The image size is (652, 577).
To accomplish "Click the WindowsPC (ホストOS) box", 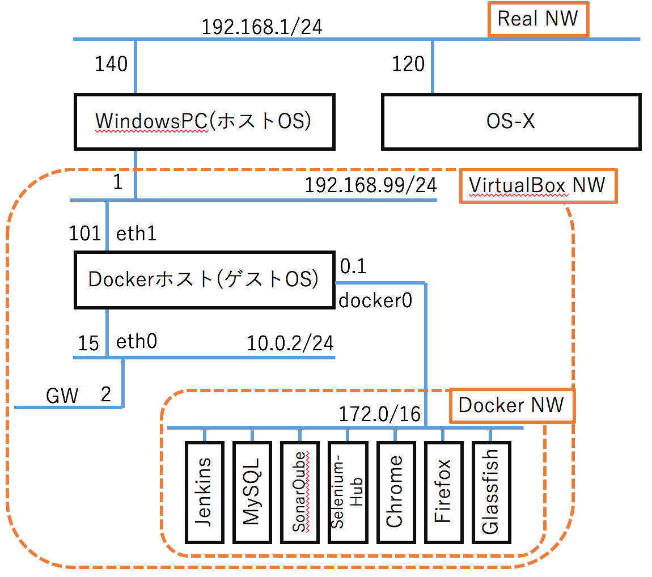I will (204, 122).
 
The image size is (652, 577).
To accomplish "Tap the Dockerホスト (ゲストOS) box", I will (204, 279).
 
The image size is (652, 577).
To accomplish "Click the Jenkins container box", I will (205, 491).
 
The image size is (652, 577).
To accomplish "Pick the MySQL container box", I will (252, 491).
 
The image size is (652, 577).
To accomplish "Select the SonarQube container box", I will (299, 491).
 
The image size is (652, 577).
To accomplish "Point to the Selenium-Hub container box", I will (347, 491).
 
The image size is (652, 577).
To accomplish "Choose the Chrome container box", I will (395, 491).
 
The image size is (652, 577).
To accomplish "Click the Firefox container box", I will (442, 491).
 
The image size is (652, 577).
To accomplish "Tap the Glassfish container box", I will (490, 491).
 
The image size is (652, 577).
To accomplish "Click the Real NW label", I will (538, 19).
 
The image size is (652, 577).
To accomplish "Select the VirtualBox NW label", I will (537, 185).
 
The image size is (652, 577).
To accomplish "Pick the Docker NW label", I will (511, 405).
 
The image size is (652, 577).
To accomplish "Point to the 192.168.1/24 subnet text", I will (262, 27).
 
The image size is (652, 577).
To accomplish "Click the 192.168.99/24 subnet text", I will (371, 186).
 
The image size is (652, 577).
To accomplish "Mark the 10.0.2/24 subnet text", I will (290, 343).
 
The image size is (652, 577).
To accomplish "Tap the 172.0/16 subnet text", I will (379, 414).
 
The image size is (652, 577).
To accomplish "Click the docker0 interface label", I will (375, 300).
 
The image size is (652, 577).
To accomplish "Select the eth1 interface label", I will (137, 234).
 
